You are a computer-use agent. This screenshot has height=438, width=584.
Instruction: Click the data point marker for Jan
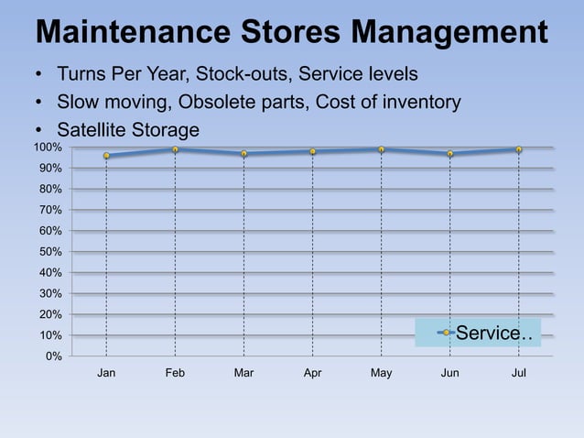coord(106,156)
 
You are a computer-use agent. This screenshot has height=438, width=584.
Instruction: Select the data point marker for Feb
coord(175,149)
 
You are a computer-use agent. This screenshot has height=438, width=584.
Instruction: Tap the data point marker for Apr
coord(312,151)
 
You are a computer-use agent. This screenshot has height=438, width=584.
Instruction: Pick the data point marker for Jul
coord(518,149)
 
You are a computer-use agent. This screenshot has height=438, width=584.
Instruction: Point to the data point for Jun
coord(449,153)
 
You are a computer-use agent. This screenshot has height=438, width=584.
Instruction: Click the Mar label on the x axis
coord(243,373)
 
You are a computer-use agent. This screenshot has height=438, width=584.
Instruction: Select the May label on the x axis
coord(381,373)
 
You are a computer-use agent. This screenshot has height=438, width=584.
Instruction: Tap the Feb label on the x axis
coord(175,373)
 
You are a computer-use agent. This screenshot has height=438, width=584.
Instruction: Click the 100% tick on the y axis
coord(48,148)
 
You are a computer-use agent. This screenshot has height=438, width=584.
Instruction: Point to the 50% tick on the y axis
coord(50,252)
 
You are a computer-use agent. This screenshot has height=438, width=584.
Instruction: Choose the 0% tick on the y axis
coord(54,356)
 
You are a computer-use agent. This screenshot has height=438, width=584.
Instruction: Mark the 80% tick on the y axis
coord(50,189)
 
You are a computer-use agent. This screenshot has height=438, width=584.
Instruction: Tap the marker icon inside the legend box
coord(446,333)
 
